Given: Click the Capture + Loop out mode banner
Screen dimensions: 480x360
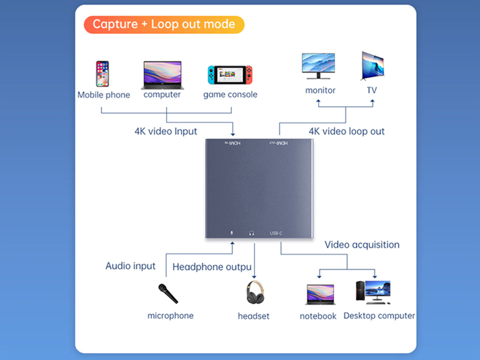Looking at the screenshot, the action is pyautogui.click(x=164, y=24).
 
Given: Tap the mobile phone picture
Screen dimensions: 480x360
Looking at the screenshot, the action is pyautogui.click(x=102, y=74).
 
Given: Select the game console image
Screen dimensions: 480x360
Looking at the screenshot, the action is pyautogui.click(x=230, y=75).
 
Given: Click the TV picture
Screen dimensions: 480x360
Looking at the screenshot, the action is pyautogui.click(x=373, y=66).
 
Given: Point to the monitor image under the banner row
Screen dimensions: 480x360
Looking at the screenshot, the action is pyautogui.click(x=318, y=66).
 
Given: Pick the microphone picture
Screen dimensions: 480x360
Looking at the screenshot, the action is pyautogui.click(x=168, y=294).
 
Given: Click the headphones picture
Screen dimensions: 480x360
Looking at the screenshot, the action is pyautogui.click(x=255, y=292).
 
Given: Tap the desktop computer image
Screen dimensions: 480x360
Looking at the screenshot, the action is pyautogui.click(x=373, y=292).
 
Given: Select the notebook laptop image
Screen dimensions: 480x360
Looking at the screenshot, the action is pyautogui.click(x=320, y=294).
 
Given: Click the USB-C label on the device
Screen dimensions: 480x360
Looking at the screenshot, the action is pyautogui.click(x=276, y=233).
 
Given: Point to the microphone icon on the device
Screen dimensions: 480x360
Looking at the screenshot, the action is pyautogui.click(x=232, y=233).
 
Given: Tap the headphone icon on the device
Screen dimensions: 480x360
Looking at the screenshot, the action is pyautogui.click(x=252, y=233).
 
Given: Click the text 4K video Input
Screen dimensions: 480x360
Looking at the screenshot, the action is pyautogui.click(x=166, y=131).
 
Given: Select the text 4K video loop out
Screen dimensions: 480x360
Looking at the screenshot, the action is pyautogui.click(x=347, y=131).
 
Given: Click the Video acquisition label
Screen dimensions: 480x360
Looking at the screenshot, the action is pyautogui.click(x=362, y=245).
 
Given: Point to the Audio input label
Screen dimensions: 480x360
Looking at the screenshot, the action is pyautogui.click(x=130, y=266).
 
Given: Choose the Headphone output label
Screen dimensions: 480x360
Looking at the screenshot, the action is pyautogui.click(x=212, y=267).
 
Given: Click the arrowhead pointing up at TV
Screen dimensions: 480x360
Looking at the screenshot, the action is pyautogui.click(x=372, y=101).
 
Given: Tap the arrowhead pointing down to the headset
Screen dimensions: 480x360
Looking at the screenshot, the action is pyautogui.click(x=254, y=277).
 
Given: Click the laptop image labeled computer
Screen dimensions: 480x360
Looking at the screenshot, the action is pyautogui.click(x=162, y=75).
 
